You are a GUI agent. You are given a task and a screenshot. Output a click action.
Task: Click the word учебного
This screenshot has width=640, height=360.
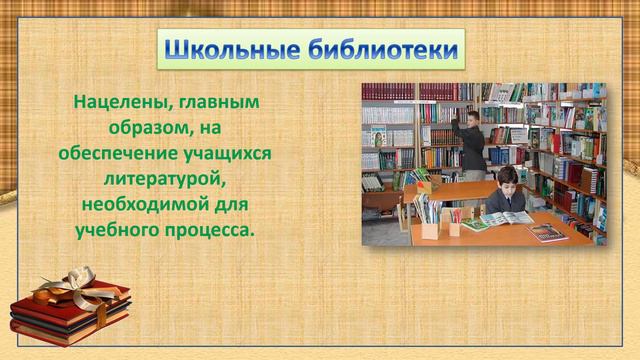click(x=117, y=230)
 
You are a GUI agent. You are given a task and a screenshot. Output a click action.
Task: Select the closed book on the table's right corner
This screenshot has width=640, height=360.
click(x=547, y=233)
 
